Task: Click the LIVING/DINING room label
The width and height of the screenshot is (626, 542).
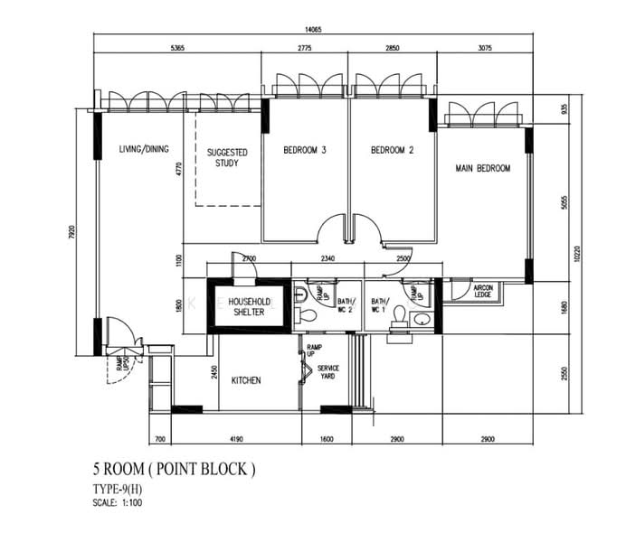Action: coord(144,150)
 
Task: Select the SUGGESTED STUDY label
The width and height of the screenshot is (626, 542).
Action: coord(227,158)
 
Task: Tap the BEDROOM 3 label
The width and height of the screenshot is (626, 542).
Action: coord(304,151)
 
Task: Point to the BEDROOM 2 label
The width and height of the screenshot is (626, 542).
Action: coord(392,151)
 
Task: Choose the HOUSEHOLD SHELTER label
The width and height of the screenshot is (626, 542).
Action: coord(246,307)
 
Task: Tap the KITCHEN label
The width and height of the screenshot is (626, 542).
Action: coord(245,381)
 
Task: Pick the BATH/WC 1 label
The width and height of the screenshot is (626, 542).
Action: coord(379,305)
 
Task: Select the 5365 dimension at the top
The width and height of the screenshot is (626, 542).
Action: coord(176,49)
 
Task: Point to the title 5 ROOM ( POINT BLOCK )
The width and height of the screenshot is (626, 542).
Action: coord(174,470)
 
